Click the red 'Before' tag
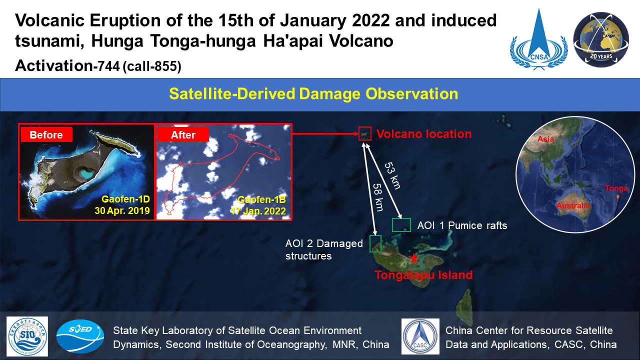click(46, 134)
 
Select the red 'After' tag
click(182, 134)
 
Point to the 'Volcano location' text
click(423, 134)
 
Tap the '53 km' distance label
click(393, 175)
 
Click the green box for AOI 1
click(401, 225)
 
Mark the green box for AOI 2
click(375, 243)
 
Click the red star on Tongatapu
click(413, 258)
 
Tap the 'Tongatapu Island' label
click(423, 274)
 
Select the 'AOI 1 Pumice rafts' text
click(462, 225)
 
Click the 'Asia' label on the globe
click(545, 139)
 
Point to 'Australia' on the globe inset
click(573, 205)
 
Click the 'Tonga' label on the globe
click(615, 188)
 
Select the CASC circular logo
click(420, 336)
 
